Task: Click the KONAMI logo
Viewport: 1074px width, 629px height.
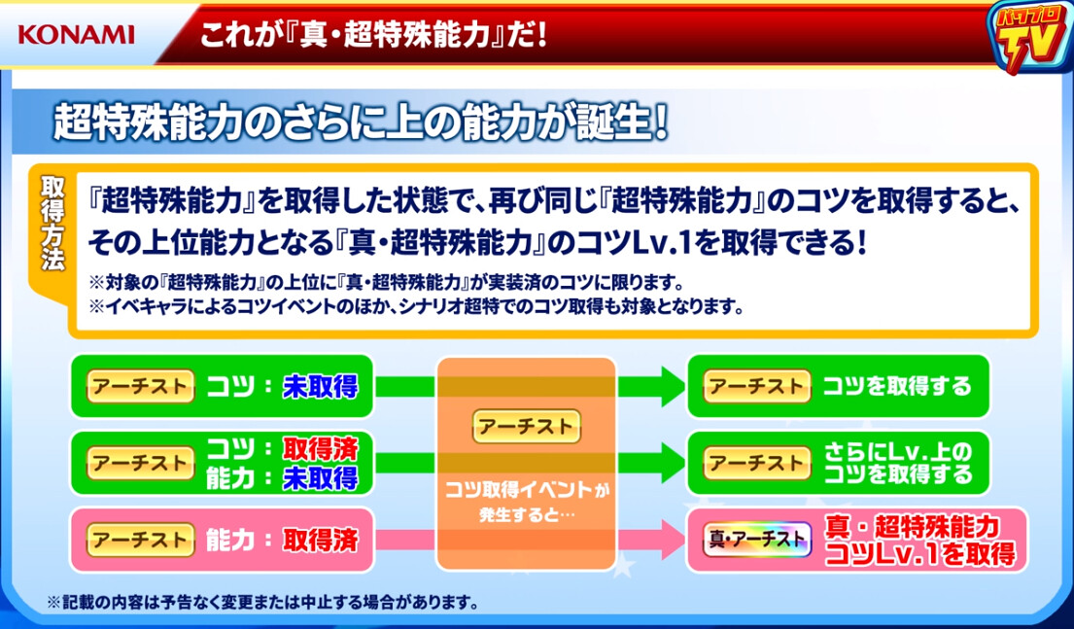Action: coord(76,35)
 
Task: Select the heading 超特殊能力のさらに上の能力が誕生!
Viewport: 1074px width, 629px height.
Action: coord(362,123)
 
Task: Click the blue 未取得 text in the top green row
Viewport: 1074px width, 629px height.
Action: coord(320,387)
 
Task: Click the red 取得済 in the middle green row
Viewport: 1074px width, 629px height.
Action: coord(320,448)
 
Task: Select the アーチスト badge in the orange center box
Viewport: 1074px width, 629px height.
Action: coord(526,425)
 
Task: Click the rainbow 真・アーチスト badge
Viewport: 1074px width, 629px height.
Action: coord(755,537)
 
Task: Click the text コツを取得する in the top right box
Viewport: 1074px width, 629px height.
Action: coord(896,386)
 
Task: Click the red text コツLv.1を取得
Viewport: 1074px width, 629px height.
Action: coord(918,553)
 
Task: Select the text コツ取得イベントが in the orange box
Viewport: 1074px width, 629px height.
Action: coord(526,491)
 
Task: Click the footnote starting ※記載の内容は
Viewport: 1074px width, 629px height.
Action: coord(261,602)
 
